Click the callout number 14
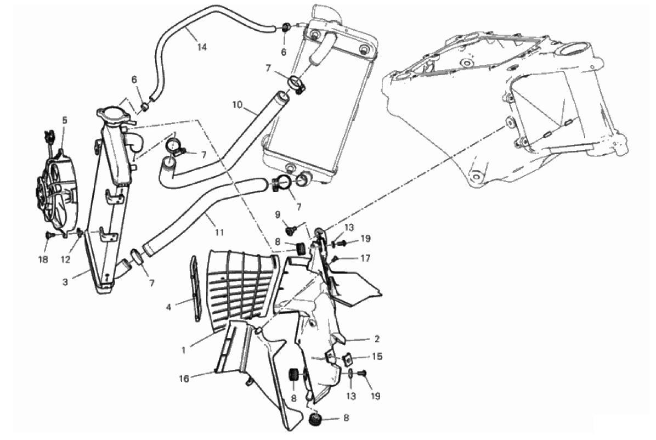coord(202,47)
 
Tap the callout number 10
coord(237,105)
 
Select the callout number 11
coord(219,233)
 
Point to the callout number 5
coord(64,121)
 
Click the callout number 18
coord(43,260)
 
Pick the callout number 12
coord(66,260)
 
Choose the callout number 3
coord(65,283)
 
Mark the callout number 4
coord(168,307)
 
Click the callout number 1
coord(183,351)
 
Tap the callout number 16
coord(184,379)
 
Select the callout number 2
coord(376,339)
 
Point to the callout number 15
coord(377,357)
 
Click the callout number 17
coord(365,258)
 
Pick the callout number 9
coord(278,215)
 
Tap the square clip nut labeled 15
coord(347,359)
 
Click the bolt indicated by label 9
coord(290,229)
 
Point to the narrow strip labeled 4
coord(196,289)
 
